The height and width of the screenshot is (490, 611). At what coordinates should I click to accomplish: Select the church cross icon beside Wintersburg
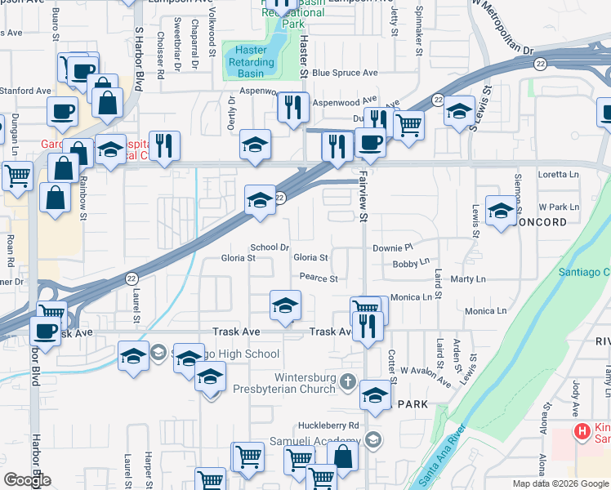click(x=348, y=381)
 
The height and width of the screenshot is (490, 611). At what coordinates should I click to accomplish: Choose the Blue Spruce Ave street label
click(x=344, y=73)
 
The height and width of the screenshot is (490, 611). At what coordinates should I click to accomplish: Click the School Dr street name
click(x=270, y=247)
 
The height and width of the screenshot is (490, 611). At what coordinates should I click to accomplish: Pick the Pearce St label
click(x=318, y=278)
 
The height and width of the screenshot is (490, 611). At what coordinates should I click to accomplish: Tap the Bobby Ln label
click(x=410, y=264)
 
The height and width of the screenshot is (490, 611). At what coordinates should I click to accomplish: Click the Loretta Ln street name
click(x=558, y=174)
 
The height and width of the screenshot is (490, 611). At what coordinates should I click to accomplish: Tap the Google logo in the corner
click(x=28, y=480)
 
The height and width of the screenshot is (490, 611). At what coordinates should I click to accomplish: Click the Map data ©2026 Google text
click(x=560, y=483)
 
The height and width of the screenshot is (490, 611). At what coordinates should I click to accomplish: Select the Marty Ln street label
click(x=468, y=279)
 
